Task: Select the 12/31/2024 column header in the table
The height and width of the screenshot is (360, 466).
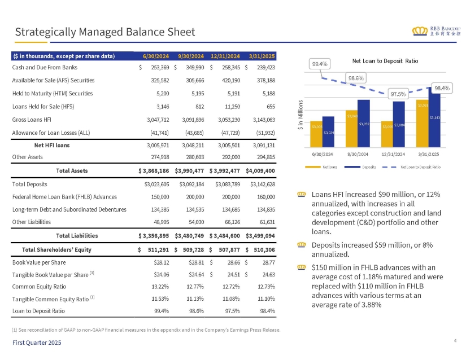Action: coord(225,55)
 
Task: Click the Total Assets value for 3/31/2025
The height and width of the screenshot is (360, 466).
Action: coord(260,170)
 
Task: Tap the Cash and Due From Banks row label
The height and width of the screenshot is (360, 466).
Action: coord(40,67)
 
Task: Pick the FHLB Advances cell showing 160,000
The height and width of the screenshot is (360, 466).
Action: coord(264,196)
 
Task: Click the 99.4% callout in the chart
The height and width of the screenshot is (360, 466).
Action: coord(320,64)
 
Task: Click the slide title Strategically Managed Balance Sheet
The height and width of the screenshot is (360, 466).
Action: coord(105,32)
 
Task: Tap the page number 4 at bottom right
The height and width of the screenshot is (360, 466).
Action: coord(455,340)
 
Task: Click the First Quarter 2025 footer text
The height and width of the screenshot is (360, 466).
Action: coord(37,343)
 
